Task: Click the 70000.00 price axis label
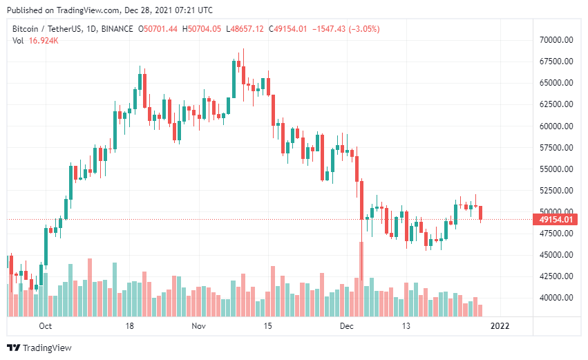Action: pyautogui.click(x=556, y=40)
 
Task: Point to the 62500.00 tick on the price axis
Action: pyautogui.click(x=556, y=104)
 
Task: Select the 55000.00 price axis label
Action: pyautogui.click(x=556, y=169)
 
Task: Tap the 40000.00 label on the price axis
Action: pyautogui.click(x=556, y=298)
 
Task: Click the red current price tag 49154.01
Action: pyautogui.click(x=554, y=220)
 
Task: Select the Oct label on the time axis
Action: pyautogui.click(x=46, y=325)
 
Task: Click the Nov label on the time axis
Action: pyautogui.click(x=198, y=325)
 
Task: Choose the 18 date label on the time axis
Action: pyautogui.click(x=128, y=325)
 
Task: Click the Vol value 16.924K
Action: pyautogui.click(x=44, y=41)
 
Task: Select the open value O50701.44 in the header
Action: pyautogui.click(x=158, y=29)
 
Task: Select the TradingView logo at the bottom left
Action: pyautogui.click(x=39, y=348)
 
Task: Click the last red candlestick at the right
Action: pyautogui.click(x=480, y=213)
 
